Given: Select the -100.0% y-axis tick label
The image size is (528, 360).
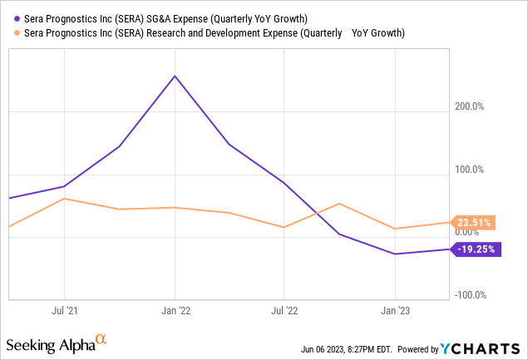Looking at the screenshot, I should coord(471,295).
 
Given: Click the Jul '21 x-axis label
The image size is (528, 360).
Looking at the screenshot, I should coord(64,310).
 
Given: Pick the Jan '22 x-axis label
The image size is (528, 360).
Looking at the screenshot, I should coord(174,310).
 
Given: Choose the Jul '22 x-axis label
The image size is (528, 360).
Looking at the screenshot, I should coord(284,310).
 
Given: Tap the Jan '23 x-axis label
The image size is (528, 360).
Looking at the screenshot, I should coord(394,310).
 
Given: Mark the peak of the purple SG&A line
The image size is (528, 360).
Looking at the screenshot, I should coord(175,76).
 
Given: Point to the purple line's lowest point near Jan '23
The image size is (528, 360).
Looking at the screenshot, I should coord(395,254).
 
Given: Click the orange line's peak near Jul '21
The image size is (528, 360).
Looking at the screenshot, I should coord(64,199).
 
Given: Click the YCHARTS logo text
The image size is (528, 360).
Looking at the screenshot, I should coord(491,348).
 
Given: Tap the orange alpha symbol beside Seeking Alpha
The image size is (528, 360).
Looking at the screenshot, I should coord(101,339).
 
